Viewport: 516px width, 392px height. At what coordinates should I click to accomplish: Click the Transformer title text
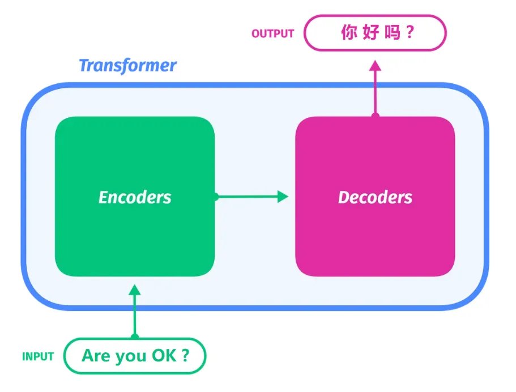tap(127, 66)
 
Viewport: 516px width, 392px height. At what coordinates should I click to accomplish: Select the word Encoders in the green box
tap(135, 198)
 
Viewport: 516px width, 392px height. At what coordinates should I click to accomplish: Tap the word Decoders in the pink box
tap(375, 198)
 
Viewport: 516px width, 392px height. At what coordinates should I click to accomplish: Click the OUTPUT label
tap(272, 33)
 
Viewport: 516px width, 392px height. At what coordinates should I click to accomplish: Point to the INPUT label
tap(38, 356)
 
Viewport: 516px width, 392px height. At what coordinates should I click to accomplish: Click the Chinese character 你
tap(349, 32)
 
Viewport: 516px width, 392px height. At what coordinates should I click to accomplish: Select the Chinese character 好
tap(371, 32)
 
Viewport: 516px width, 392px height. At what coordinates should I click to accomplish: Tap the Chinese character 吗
tap(393, 32)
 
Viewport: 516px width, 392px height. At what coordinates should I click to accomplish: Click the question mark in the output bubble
tap(410, 32)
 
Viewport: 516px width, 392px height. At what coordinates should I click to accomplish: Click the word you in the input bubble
tap(130, 357)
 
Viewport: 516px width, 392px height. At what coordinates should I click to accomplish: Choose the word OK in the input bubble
tap(164, 356)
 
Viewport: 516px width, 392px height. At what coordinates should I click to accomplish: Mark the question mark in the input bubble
tap(185, 356)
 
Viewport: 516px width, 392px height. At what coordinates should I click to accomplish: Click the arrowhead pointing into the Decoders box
tap(282, 197)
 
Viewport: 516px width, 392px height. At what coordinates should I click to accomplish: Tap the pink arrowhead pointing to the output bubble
tap(375, 66)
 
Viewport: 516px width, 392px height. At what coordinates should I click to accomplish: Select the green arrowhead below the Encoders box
tap(135, 289)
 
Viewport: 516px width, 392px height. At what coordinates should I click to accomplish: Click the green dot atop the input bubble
tap(135, 336)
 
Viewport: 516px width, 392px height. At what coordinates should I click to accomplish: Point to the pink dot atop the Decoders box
tap(375, 115)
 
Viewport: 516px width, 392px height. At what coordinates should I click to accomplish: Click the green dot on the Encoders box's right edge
tap(216, 197)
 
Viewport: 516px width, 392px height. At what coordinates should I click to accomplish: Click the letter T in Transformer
tap(84, 65)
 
